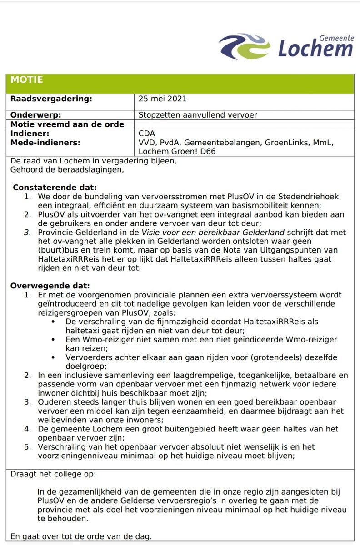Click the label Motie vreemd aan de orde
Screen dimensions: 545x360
point(66,124)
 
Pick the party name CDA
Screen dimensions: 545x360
point(146,134)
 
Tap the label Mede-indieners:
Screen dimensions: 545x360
point(45,143)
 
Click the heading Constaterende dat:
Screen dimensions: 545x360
point(55,187)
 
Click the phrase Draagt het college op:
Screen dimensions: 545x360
point(53,474)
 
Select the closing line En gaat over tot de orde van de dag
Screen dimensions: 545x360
point(80,536)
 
